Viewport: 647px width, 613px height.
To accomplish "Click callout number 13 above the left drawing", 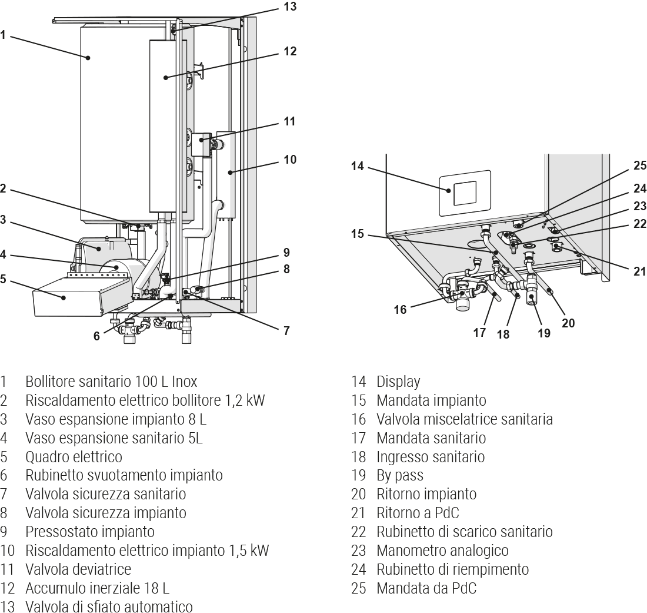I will [289, 7].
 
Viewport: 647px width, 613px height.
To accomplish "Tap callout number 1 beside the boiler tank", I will [3, 35].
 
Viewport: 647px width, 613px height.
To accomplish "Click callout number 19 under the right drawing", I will [544, 333].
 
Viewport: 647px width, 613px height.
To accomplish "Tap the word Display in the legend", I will [398, 382].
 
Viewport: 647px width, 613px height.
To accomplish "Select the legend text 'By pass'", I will [399, 475].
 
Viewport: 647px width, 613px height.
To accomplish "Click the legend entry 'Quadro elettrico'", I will [74, 456].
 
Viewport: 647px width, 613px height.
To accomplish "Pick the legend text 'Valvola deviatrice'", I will [78, 569].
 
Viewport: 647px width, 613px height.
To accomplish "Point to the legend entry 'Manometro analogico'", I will [442, 550].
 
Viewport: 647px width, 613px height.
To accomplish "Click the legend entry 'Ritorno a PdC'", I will [418, 513].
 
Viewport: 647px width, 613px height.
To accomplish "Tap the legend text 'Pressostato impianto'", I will [89, 532].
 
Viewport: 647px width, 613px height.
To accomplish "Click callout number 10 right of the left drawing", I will [289, 160].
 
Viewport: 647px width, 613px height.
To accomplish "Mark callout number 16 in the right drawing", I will [400, 309].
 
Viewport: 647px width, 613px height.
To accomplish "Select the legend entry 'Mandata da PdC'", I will [426, 588].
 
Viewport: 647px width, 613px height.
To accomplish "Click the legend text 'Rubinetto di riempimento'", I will [452, 569].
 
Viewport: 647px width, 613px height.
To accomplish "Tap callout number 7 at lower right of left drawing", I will [286, 330].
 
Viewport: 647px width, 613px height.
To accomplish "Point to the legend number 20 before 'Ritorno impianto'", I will [358, 494].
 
